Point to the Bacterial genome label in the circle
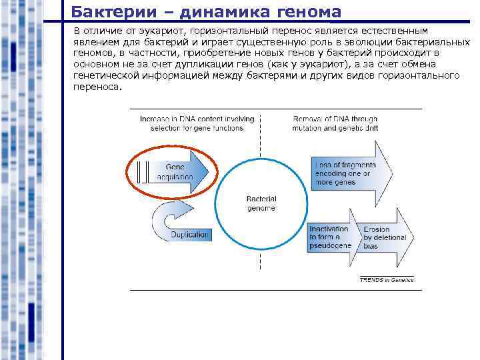(261, 203)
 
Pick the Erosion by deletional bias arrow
(384, 238)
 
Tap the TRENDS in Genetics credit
(387, 280)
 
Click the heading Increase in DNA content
(197, 123)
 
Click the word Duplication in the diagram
(190, 235)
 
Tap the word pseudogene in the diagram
(330, 246)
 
